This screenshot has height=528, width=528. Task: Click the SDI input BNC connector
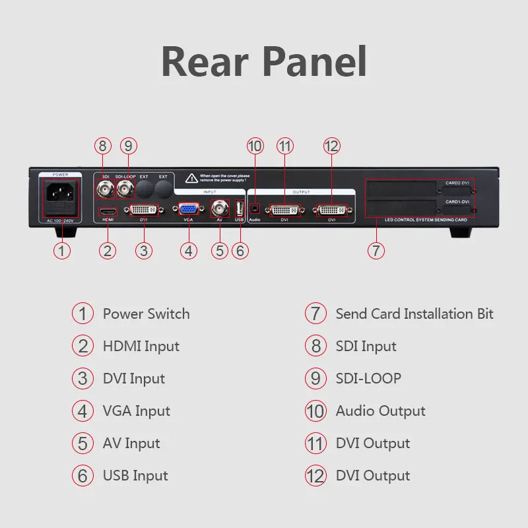(104, 191)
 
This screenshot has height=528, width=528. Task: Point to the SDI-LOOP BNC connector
(125, 191)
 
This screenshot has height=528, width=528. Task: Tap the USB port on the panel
(240, 208)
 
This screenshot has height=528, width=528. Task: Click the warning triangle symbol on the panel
(191, 178)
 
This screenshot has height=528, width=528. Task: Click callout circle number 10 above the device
(255, 146)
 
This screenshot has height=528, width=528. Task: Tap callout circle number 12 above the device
(332, 146)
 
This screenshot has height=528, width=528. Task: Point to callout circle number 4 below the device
(189, 250)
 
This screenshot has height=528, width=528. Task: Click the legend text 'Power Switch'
(146, 313)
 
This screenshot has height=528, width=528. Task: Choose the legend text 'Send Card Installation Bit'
(414, 313)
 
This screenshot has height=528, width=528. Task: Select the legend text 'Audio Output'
(380, 411)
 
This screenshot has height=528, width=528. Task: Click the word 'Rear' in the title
(203, 62)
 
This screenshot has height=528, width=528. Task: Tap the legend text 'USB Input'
(135, 476)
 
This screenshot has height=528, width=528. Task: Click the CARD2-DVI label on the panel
(456, 182)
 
